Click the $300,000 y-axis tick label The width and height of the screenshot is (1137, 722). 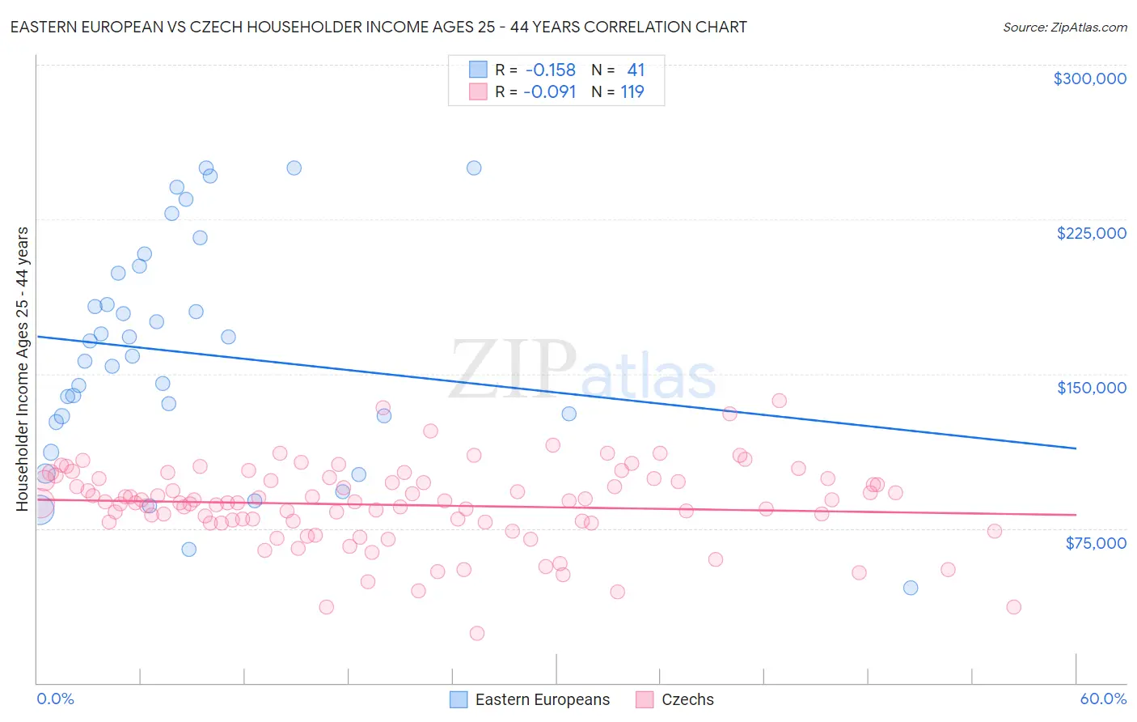coord(1089,79)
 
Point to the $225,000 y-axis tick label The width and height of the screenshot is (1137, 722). coord(1091,233)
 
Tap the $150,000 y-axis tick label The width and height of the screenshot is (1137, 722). coord(1091,388)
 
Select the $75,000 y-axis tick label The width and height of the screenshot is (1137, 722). coord(1095,543)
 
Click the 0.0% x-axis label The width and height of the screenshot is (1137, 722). coord(55,699)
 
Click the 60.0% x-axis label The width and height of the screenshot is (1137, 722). coord(1102,699)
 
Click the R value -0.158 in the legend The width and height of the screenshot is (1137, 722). coord(550,70)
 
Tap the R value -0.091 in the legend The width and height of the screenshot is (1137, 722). coord(550,92)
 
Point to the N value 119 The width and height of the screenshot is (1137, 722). coord(632,92)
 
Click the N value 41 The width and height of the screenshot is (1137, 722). coord(636,70)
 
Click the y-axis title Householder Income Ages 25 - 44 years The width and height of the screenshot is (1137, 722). coord(22,369)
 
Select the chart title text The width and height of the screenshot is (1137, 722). coord(378,27)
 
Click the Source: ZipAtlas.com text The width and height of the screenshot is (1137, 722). coord(1064,27)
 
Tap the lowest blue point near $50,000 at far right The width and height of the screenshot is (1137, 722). coord(911,588)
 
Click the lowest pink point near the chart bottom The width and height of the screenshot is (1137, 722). coord(477,633)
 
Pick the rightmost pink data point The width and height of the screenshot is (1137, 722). coord(1013,607)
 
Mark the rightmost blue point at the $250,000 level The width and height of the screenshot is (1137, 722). coord(474,168)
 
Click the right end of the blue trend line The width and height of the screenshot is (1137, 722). coord(1076,448)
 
